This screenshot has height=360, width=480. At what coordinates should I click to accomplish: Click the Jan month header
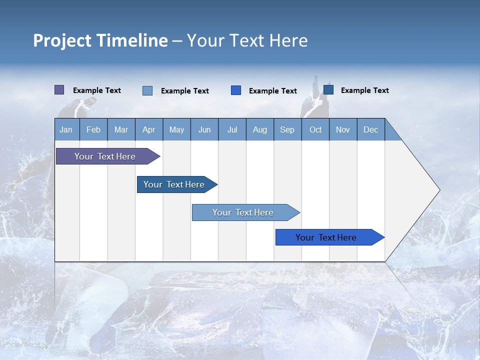(66, 129)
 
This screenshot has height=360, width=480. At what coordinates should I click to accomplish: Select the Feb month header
(93, 129)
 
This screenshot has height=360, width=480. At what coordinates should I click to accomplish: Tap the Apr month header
(148, 129)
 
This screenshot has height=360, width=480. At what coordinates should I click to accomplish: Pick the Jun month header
(204, 129)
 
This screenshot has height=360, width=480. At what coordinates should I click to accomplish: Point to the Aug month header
(259, 129)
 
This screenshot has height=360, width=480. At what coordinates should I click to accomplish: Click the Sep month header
(287, 129)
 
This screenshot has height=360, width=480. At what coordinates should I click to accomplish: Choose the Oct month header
(315, 129)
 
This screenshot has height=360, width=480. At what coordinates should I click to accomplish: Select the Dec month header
(370, 129)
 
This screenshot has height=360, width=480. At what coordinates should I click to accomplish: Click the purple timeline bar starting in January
(105, 156)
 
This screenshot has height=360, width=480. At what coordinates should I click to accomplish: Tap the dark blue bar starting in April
(174, 184)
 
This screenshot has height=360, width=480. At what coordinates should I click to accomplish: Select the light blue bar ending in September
(243, 212)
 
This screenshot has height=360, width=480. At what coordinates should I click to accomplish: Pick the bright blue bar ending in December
(326, 237)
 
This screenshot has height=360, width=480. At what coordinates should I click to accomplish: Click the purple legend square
(59, 90)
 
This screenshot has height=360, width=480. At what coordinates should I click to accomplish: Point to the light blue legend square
(147, 90)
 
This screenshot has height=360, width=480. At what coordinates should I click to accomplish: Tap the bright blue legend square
(236, 90)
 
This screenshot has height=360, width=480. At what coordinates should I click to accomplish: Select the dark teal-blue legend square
(328, 90)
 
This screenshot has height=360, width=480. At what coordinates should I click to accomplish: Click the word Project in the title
(62, 40)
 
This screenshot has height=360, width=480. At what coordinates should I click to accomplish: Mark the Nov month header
(343, 129)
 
